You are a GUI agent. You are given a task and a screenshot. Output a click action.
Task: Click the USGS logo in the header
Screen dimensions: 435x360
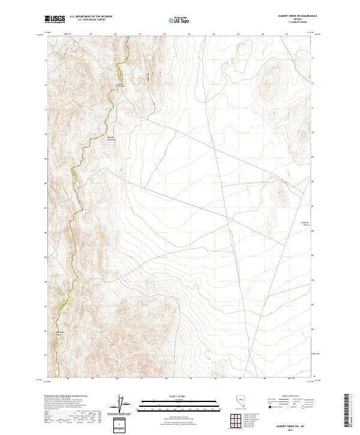[54, 20]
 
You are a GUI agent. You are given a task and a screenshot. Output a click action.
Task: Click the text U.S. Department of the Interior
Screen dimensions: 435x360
[91, 17]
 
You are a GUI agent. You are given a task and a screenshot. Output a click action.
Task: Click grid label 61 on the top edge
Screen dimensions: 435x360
[140, 34]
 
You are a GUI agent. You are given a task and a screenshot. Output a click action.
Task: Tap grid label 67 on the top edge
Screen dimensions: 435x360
[287, 34]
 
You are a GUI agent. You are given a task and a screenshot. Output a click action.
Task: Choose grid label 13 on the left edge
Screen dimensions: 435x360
[45, 60]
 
